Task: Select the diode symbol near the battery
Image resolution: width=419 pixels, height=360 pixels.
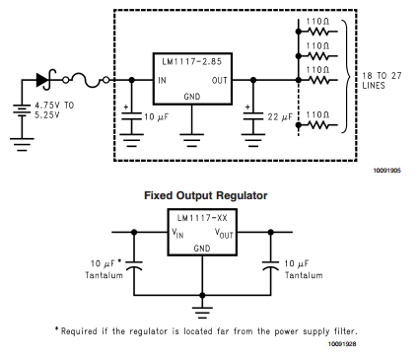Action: (44, 78)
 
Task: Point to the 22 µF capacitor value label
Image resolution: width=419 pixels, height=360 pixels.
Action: (281, 115)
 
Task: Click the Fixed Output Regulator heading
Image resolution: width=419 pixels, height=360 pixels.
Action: (205, 195)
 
